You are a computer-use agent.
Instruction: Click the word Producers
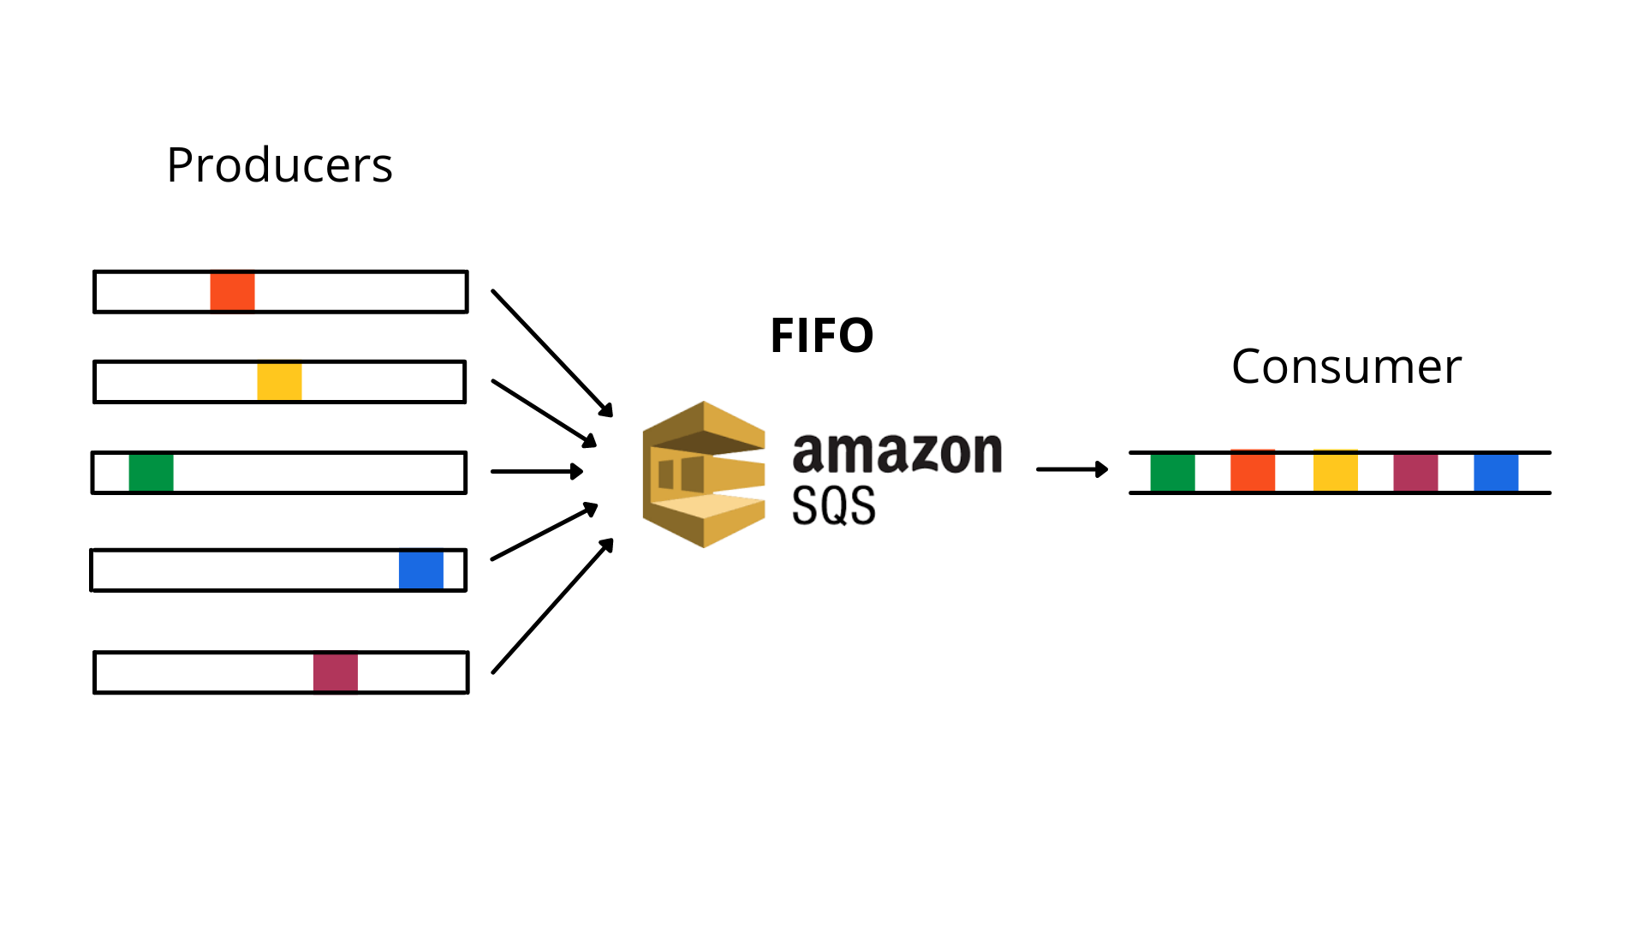(279, 165)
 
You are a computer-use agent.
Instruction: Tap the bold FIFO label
(821, 335)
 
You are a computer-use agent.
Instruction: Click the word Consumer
(1346, 367)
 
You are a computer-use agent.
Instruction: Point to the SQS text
(833, 505)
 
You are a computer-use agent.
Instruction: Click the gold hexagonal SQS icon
(704, 474)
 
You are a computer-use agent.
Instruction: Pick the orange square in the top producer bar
(232, 292)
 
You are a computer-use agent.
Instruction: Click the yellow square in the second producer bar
(279, 382)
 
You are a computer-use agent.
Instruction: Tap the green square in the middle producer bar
(151, 473)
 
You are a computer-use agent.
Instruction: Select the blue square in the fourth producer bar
(420, 570)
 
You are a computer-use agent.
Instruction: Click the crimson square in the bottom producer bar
(335, 672)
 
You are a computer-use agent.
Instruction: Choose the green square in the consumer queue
(1172, 473)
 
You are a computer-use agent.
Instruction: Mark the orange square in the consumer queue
(1252, 472)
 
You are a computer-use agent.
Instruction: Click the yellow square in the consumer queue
(1335, 472)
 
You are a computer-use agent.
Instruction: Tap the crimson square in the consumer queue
(1415, 473)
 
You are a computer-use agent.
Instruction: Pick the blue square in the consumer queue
(1496, 473)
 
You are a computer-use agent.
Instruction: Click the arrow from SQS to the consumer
(1072, 469)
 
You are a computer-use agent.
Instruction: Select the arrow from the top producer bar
(552, 353)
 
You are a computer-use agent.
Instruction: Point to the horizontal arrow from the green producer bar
(537, 471)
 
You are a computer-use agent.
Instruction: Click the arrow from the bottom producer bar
(552, 606)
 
